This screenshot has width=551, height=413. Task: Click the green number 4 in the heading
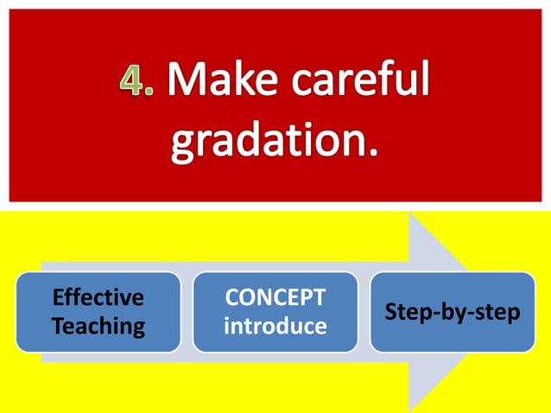click(x=131, y=81)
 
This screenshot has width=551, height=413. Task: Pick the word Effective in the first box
click(x=98, y=298)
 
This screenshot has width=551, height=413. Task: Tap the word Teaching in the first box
click(x=98, y=327)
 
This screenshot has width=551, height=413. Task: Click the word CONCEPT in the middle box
click(x=275, y=298)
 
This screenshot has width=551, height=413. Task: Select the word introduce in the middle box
click(x=275, y=327)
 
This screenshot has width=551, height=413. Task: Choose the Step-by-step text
click(x=453, y=312)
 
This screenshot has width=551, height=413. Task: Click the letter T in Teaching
click(x=58, y=327)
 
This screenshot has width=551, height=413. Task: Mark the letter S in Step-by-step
click(x=390, y=312)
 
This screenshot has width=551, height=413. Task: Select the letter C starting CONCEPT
click(x=231, y=298)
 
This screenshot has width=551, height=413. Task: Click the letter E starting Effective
click(x=58, y=298)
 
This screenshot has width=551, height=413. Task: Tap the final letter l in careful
click(x=424, y=79)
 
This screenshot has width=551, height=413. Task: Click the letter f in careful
click(x=389, y=79)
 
